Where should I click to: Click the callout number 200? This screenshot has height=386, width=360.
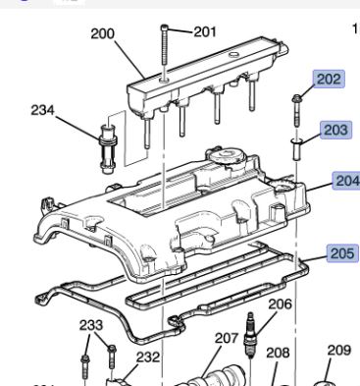coord(102,33)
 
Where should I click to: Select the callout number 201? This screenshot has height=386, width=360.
coord(205,31)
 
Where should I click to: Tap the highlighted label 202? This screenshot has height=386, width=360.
coord(329,79)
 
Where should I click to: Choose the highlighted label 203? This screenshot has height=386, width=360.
coord(335,130)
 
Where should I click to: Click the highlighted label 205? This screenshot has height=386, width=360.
coord(343,253)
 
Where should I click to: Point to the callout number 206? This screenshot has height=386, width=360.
coord(280,304)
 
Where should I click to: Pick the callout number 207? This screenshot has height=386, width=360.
coord(227,338)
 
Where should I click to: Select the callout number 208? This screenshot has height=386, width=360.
coord(278,353)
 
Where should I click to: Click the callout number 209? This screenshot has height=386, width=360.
coord(339,351)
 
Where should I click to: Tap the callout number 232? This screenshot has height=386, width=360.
coord(148,358)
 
